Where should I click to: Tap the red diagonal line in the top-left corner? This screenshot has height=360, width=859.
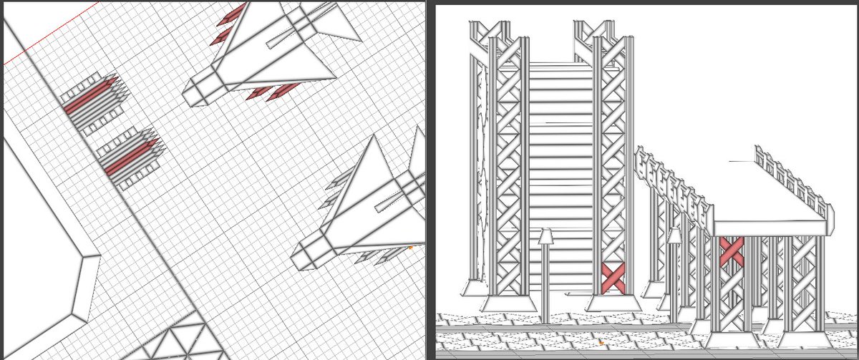pyautogui.click(x=50, y=33)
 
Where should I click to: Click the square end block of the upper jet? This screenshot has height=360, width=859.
pyautogui.click(x=195, y=93)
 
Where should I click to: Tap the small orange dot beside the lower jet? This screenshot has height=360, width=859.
pyautogui.click(x=411, y=247)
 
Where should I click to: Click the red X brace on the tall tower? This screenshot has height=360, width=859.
pyautogui.click(x=613, y=277)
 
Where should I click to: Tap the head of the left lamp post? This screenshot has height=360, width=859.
pyautogui.click(x=546, y=236)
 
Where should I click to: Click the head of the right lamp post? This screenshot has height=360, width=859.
pyautogui.click(x=674, y=235)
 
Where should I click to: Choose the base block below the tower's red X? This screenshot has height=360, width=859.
pyautogui.click(x=613, y=302)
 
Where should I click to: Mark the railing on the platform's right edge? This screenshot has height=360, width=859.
pyautogui.click(x=795, y=179)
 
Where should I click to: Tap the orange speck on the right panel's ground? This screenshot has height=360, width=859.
pyautogui.click(x=601, y=343)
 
